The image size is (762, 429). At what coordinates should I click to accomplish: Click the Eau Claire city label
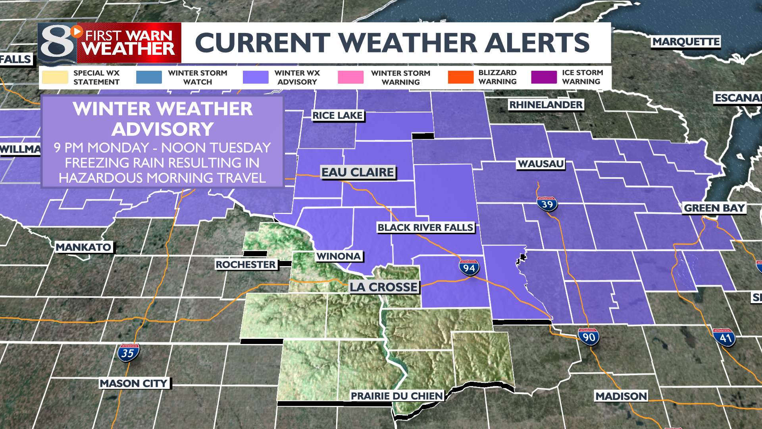pyautogui.click(x=358, y=172)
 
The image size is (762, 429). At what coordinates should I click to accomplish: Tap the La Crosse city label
pyautogui.click(x=383, y=287)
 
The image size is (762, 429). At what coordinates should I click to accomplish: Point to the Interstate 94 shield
pyautogui.click(x=469, y=268)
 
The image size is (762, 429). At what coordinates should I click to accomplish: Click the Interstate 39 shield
pyautogui.click(x=547, y=204)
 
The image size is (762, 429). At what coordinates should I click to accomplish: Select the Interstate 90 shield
pyautogui.click(x=589, y=337)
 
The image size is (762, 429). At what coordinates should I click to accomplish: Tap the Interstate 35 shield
pyautogui.click(x=128, y=353)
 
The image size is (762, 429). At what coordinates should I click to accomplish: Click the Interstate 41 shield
pyautogui.click(x=725, y=338)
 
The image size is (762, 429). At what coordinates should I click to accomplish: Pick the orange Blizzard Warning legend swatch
pyautogui.click(x=460, y=77)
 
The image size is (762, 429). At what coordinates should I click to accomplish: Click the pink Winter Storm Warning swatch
pyautogui.click(x=350, y=77)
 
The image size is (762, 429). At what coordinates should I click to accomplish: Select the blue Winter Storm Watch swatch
pyautogui.click(x=149, y=77)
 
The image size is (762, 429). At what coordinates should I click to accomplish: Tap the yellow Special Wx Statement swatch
pyautogui.click(x=55, y=77)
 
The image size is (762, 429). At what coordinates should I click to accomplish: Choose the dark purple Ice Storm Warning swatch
pyautogui.click(x=544, y=77)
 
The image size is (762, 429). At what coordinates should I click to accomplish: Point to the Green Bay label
pyautogui.click(x=714, y=208)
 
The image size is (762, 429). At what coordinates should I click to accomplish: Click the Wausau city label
pyautogui.click(x=541, y=164)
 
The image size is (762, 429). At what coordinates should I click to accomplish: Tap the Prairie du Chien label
pyautogui.click(x=396, y=396)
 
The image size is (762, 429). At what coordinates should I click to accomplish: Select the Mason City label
pyautogui.click(x=134, y=383)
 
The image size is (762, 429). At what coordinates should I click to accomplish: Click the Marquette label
pyautogui.click(x=686, y=42)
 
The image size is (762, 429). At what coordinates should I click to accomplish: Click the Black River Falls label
pyautogui.click(x=425, y=228)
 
